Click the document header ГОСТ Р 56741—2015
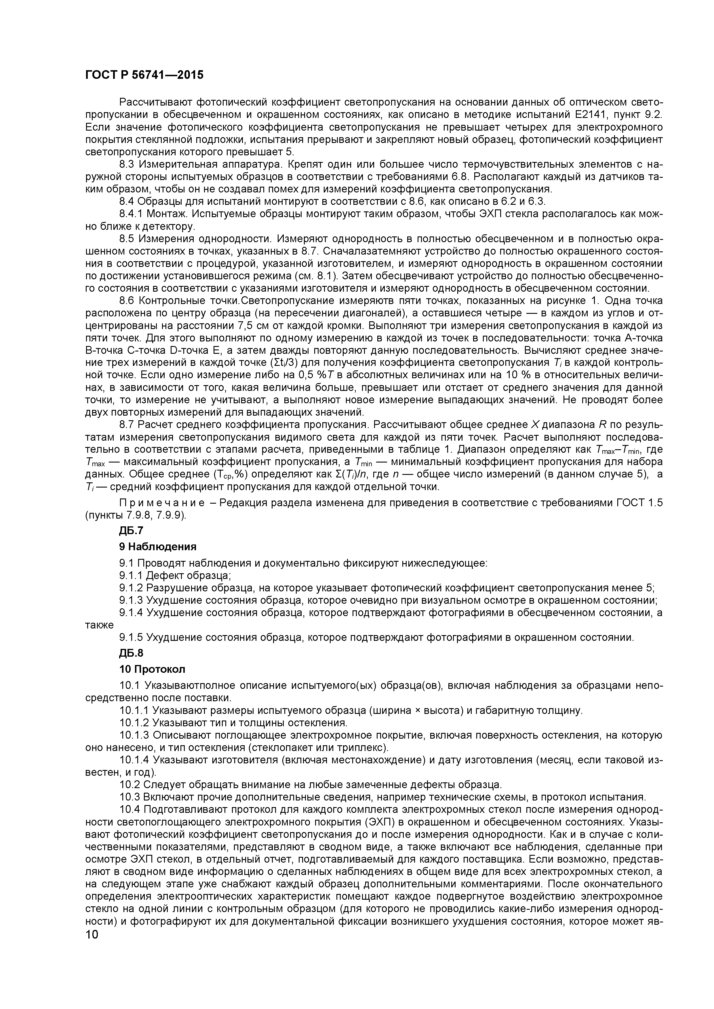click(144, 75)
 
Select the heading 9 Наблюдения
click(157, 547)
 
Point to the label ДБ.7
click(131, 530)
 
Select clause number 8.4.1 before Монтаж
click(131, 214)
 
